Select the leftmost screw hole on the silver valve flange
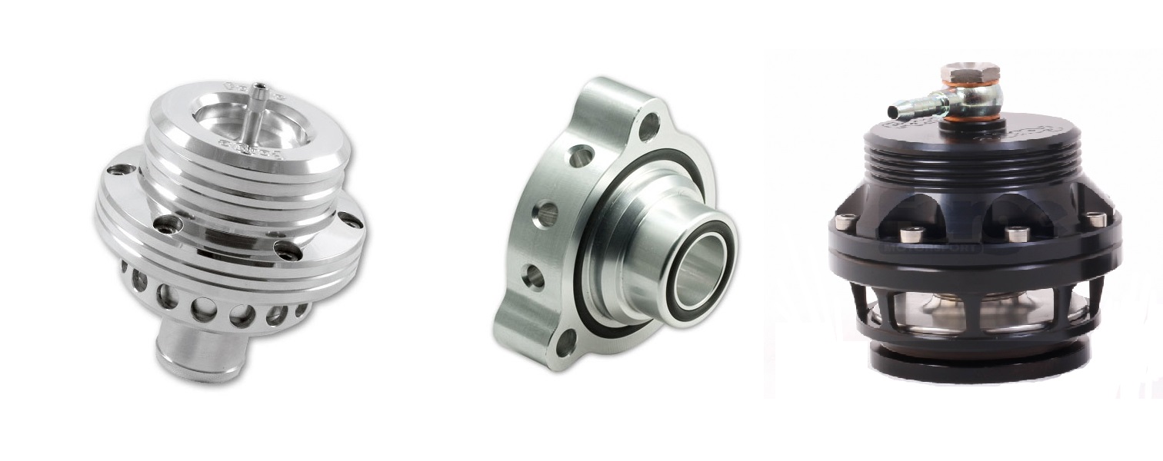(x=121, y=170)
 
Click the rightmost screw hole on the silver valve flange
(x=351, y=220)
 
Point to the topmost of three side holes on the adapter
(x=581, y=157)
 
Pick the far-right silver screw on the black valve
(x=1096, y=220)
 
